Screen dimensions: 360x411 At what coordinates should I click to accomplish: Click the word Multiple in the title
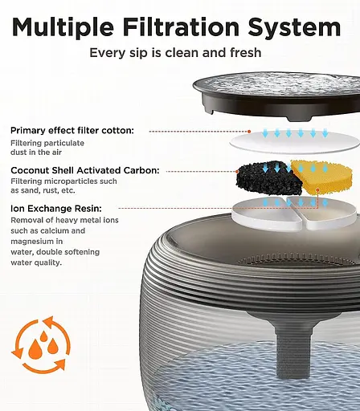[63, 27]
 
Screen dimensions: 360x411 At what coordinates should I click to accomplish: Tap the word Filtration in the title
[182, 26]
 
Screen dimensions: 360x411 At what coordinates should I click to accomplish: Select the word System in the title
[294, 27]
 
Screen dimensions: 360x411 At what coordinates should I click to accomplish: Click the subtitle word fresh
[246, 52]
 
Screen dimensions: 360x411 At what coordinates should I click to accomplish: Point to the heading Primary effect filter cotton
[72, 131]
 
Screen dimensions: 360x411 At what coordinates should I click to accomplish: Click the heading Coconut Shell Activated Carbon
[85, 170]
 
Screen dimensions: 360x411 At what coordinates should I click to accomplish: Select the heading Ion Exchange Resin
[56, 208]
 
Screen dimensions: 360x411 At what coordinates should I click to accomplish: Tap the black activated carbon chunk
[268, 178]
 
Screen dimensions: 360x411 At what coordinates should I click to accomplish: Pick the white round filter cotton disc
[294, 142]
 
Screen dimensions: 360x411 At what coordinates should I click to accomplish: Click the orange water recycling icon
[41, 345]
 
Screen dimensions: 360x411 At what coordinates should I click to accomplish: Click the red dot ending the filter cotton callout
[249, 132]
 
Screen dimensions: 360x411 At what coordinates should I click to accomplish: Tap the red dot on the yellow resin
[317, 190]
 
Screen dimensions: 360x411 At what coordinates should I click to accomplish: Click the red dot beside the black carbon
[237, 172]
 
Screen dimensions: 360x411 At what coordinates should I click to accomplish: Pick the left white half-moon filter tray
[267, 214]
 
